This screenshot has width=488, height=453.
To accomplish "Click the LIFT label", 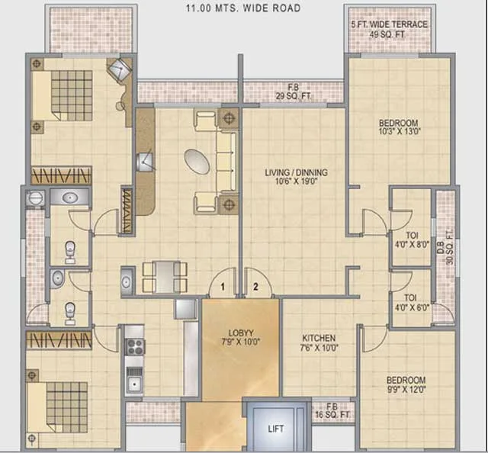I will pos(275,429).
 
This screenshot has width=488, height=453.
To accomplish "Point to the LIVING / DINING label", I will pos(294,178).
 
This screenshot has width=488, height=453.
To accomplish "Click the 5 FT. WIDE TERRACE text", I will pos(389,29).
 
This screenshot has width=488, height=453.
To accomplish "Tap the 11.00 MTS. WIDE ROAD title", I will pos(243,8).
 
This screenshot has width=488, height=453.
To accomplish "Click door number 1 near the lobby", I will pos(223,287).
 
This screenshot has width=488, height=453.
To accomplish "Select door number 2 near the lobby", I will pos(256,287).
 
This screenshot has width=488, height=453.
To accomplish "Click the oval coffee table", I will pos(199,160).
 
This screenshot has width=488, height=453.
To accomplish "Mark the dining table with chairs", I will pos(162,277).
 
